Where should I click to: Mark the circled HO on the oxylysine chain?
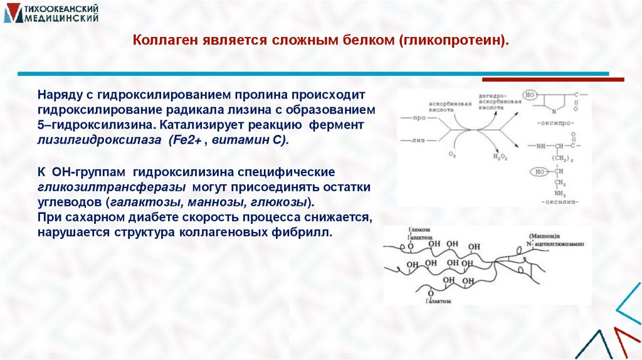click(x=537, y=171)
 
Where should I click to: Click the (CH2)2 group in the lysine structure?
click(x=559, y=158)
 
